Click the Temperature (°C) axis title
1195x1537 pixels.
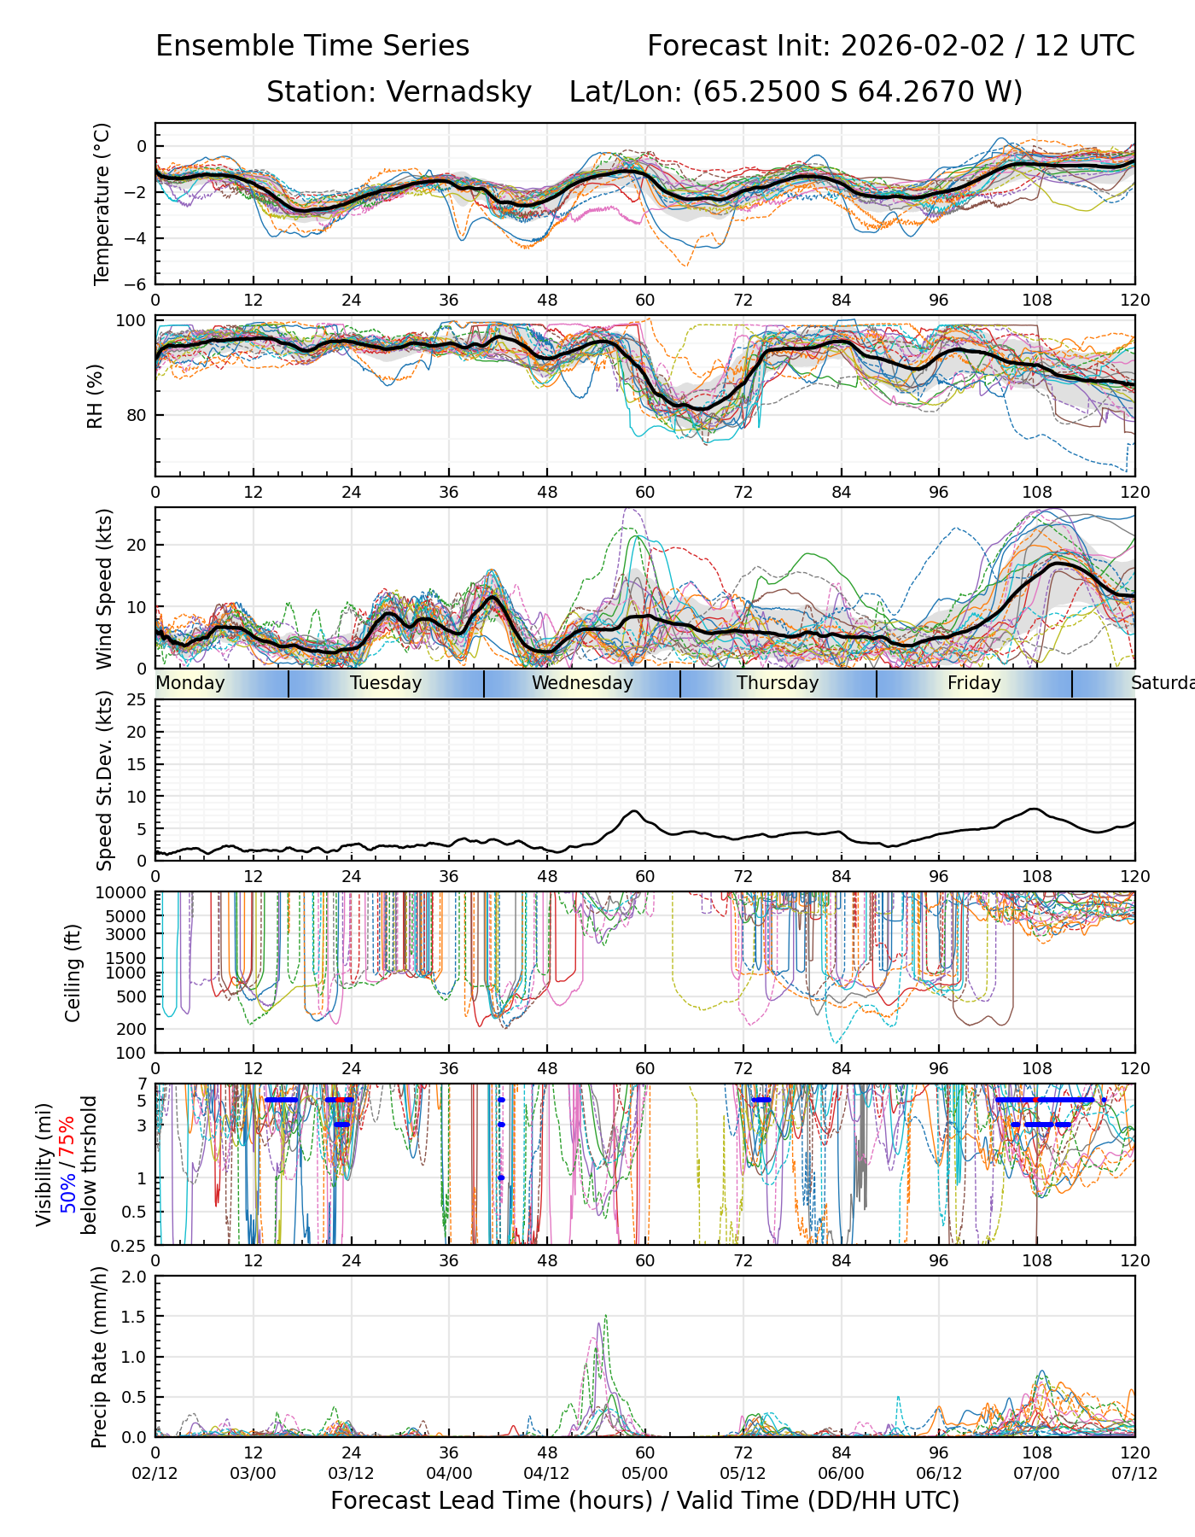click(x=102, y=203)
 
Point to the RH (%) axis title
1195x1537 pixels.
click(x=95, y=395)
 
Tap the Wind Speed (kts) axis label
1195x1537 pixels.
click(x=104, y=588)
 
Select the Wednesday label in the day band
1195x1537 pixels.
click(x=582, y=683)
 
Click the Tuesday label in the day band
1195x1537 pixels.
click(x=386, y=683)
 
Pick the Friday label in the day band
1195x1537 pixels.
click(x=974, y=683)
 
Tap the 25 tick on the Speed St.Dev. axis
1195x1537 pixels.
click(x=137, y=700)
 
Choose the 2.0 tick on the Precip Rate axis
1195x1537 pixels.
click(x=135, y=1277)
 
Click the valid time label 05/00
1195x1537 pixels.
click(x=645, y=1473)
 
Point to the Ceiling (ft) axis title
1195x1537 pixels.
click(x=73, y=973)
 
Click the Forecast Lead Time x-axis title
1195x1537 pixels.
click(x=644, y=1500)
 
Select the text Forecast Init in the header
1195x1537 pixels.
click(x=737, y=46)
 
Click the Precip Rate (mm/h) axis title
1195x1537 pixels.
click(x=99, y=1357)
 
